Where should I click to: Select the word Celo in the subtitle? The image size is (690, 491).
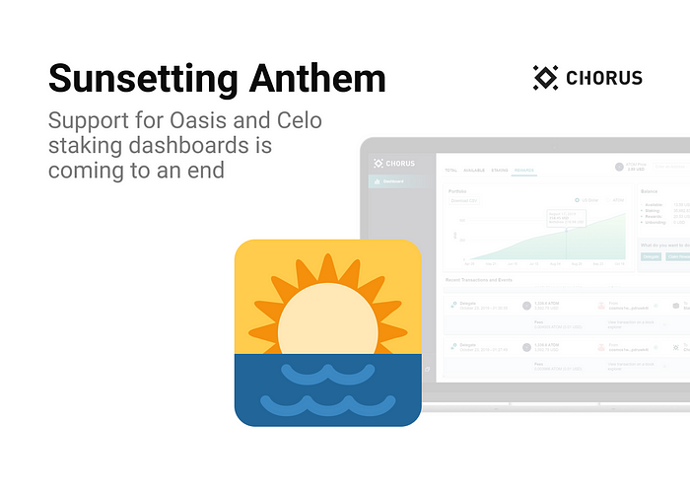tap(297, 122)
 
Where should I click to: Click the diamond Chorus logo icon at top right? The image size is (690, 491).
tap(545, 77)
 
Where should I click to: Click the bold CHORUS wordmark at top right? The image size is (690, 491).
tap(604, 77)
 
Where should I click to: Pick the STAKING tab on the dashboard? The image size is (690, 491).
tap(500, 171)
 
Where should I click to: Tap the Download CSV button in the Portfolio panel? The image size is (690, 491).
tap(464, 200)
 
